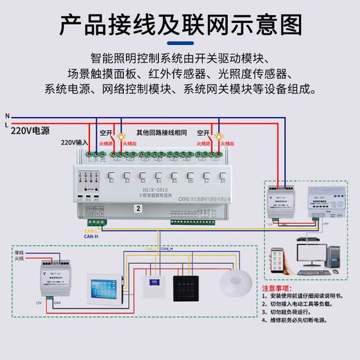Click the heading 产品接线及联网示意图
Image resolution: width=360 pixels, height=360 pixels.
coord(180,26)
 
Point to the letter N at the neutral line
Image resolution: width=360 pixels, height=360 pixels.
coord(7,115)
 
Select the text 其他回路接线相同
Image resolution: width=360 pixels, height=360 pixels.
coord(162,132)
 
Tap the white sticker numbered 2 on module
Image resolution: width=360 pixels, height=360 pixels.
coord(138,208)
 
